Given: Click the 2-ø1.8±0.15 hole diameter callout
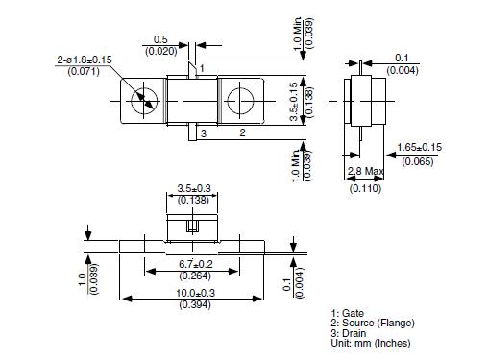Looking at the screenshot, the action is [x=85, y=60].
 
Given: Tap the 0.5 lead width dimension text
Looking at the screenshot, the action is [x=160, y=39].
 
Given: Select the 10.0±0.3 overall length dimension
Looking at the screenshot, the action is [x=195, y=293].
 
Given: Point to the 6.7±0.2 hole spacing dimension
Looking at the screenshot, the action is [x=195, y=264].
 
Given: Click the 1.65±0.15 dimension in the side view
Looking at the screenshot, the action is [x=419, y=148].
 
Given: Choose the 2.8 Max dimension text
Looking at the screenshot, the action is [x=366, y=172].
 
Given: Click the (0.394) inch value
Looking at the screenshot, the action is [x=195, y=304].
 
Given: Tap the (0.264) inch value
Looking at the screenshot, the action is [x=195, y=276].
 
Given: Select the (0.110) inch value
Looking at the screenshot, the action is [x=365, y=188].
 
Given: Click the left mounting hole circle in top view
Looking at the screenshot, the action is [x=144, y=88].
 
